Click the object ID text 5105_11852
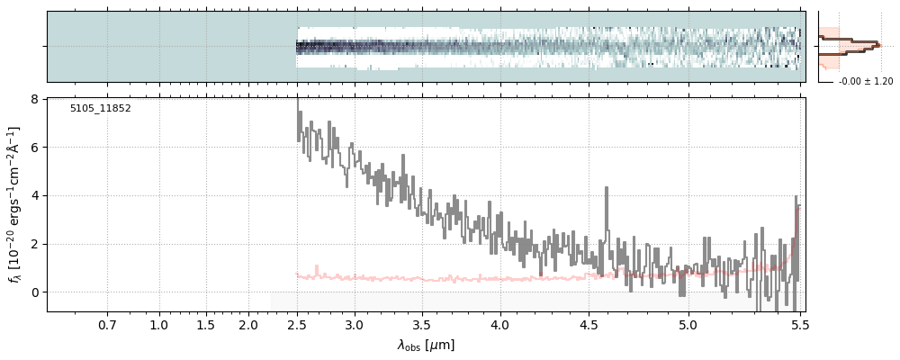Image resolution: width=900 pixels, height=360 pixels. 100,109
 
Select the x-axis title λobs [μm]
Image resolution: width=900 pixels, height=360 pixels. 426,345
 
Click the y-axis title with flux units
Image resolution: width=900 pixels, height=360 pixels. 15,205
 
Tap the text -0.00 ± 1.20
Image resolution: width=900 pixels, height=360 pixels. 866,82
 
